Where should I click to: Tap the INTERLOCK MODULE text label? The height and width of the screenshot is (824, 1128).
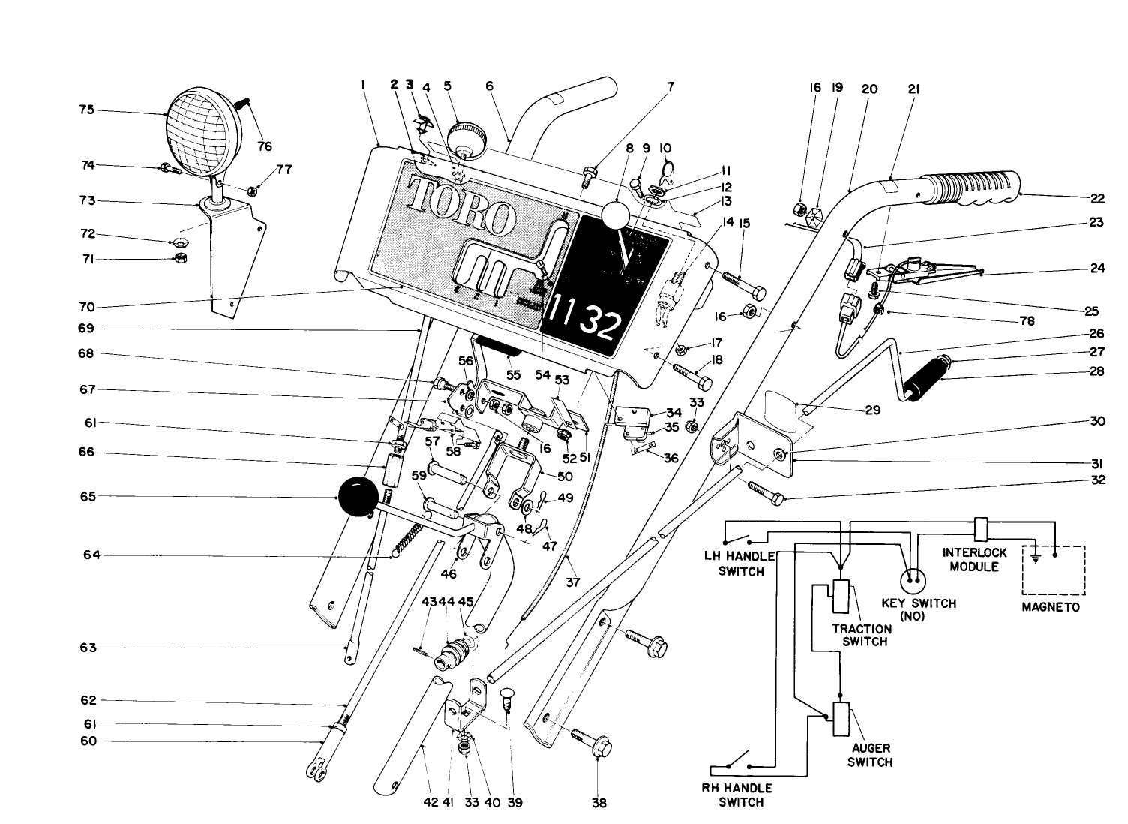(974, 559)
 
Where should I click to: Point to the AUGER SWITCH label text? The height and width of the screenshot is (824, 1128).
(870, 755)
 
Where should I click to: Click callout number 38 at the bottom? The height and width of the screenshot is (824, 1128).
(598, 803)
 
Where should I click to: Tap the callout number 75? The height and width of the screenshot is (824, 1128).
(86, 109)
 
